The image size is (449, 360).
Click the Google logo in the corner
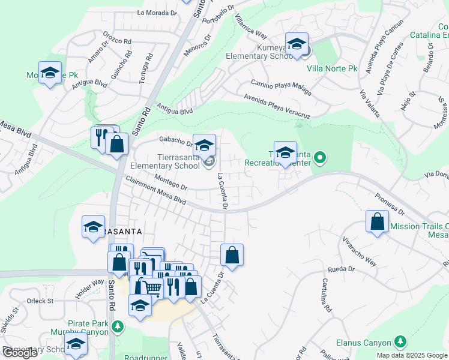pos(20,353)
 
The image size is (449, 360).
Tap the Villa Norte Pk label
pos(332,68)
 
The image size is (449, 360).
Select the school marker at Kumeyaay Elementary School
pos(297,45)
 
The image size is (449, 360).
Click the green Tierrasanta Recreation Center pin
pos(320,158)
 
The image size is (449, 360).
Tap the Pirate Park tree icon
pos(118,326)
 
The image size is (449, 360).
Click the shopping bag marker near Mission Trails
pos(377,221)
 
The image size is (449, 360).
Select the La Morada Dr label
pos(158,12)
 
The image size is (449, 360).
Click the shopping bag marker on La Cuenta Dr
pos(232,255)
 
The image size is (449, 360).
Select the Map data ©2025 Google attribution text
pos(412,355)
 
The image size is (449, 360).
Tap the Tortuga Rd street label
pos(146,68)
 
